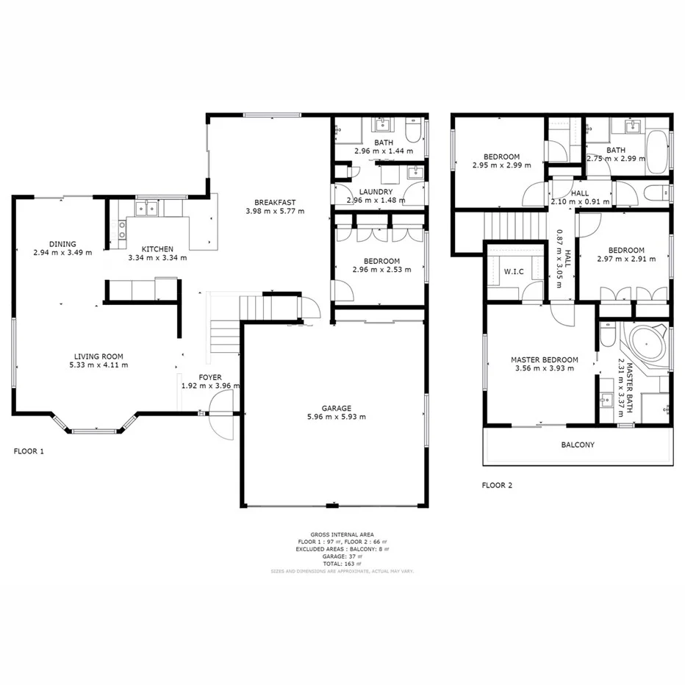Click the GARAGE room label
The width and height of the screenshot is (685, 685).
tap(336, 408)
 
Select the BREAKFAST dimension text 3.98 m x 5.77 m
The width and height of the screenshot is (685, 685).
tap(275, 211)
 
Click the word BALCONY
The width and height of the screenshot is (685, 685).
tap(578, 445)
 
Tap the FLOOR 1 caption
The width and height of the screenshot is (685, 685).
tap(29, 451)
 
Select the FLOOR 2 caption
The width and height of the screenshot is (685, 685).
tap(497, 485)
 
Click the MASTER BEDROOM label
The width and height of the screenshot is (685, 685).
tap(544, 359)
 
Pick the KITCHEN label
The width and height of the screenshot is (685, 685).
tap(157, 248)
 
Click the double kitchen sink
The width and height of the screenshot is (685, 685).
tap(151, 208)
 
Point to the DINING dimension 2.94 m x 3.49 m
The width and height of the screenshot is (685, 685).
tap(62, 253)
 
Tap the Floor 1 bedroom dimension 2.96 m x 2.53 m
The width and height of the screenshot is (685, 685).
tap(381, 270)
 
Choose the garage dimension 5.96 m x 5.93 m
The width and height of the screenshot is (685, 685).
tap(336, 417)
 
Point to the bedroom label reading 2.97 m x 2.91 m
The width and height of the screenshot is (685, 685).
tap(621, 259)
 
